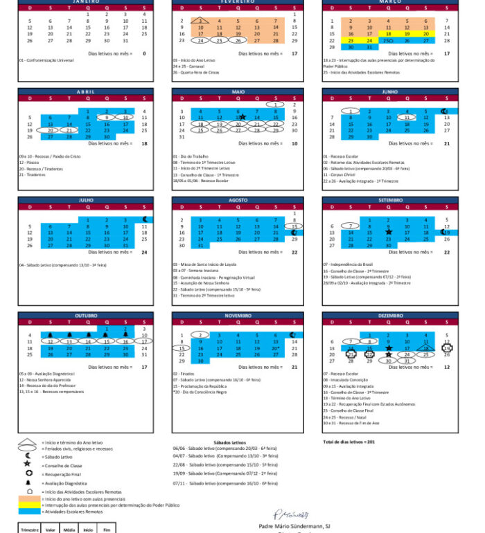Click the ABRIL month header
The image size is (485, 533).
click(87, 91)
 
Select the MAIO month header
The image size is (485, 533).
click(238, 91)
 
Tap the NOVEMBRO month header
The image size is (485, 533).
click(238, 316)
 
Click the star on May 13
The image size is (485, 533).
click(242, 117)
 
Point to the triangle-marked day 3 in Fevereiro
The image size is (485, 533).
click(200, 21)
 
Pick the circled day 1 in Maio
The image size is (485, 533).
click(276, 105)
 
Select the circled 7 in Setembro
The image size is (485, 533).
click(351, 226)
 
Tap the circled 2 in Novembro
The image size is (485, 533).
click(200, 335)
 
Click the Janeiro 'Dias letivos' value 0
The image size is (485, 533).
click(144, 53)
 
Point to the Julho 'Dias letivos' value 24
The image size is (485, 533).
click(144, 252)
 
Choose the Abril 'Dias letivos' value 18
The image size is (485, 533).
click(144, 143)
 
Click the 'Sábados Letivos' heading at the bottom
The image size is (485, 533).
click(229, 442)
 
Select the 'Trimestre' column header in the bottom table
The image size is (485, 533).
click(29, 530)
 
